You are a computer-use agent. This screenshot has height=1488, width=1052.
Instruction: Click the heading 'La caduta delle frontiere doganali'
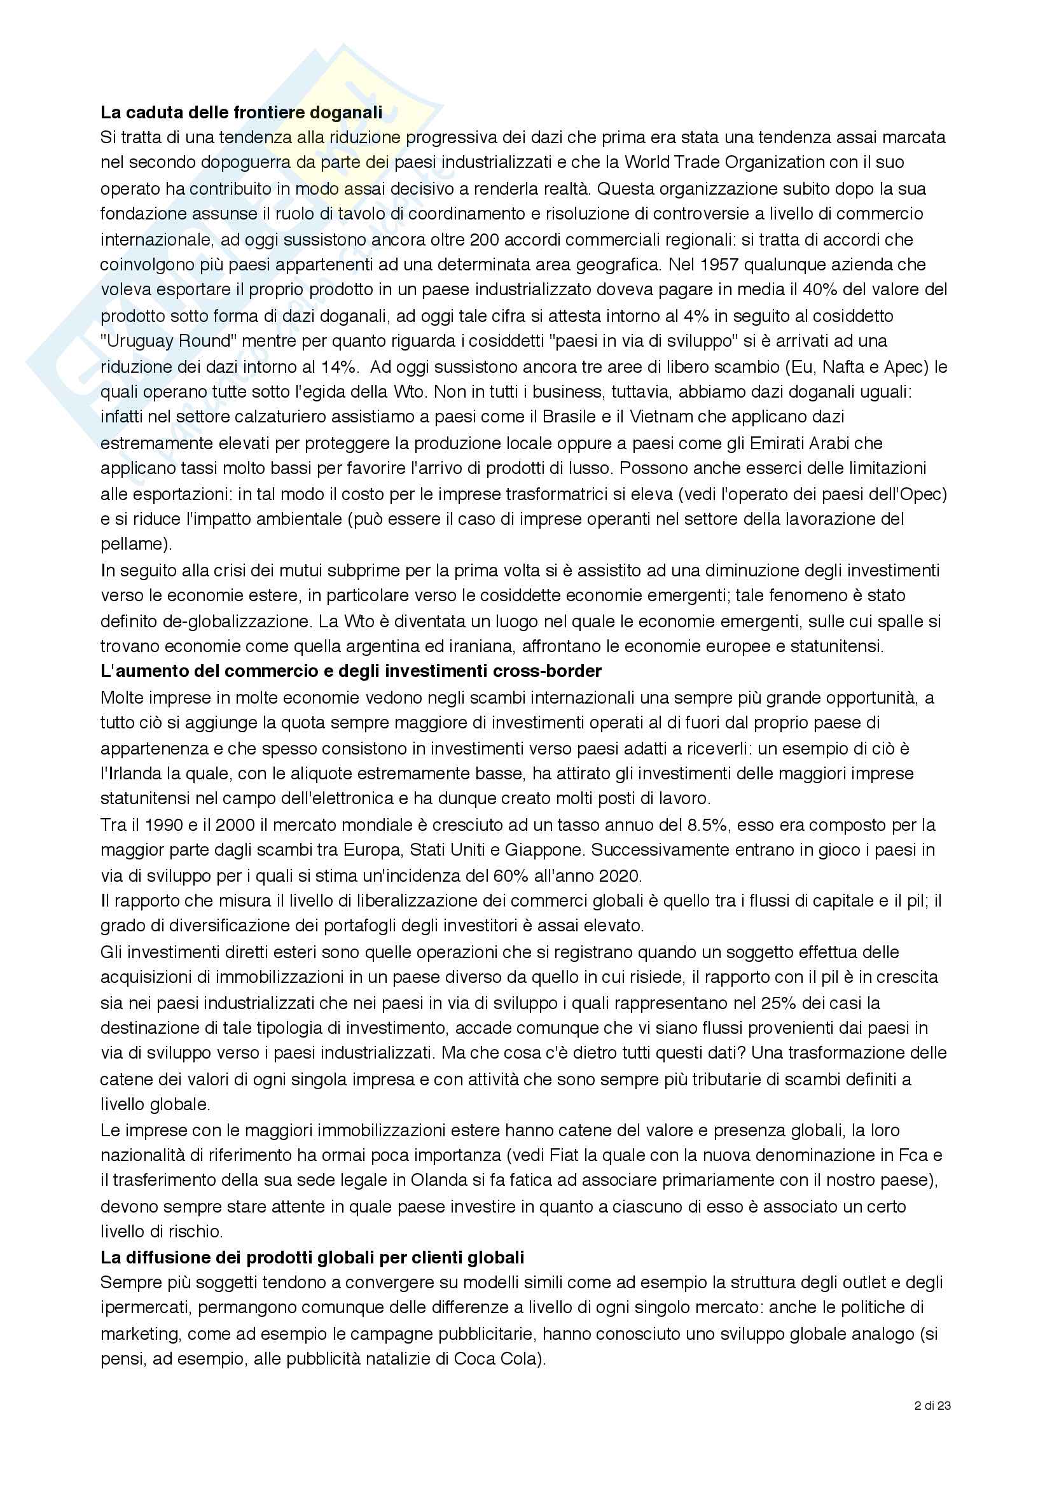click(241, 112)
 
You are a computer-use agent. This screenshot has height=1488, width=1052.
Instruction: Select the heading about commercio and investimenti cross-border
click(350, 671)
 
